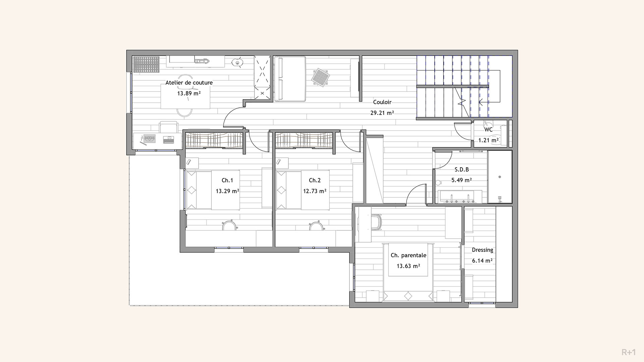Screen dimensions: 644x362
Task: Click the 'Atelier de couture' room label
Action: (189, 82)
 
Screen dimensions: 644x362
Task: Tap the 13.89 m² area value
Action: (189, 93)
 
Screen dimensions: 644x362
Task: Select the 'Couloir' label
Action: (382, 102)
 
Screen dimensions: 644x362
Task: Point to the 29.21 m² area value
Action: (382, 113)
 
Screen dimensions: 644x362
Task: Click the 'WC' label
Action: (488, 129)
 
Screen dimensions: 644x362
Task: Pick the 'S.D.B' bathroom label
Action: (462, 170)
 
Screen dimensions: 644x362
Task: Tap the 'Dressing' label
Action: (482, 250)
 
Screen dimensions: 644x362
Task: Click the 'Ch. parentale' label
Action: (408, 255)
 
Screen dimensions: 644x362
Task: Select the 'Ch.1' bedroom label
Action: (227, 180)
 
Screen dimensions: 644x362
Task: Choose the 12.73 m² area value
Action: (315, 191)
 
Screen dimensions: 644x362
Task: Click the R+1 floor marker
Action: (628, 352)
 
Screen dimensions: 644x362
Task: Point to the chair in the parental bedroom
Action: (378, 223)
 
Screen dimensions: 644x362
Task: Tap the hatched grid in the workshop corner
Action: (146, 64)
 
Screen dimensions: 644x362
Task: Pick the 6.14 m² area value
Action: (482, 261)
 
